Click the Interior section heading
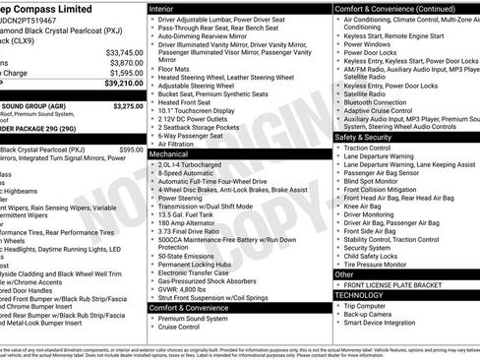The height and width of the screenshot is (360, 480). point(168,7)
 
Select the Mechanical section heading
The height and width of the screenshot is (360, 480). point(177,153)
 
